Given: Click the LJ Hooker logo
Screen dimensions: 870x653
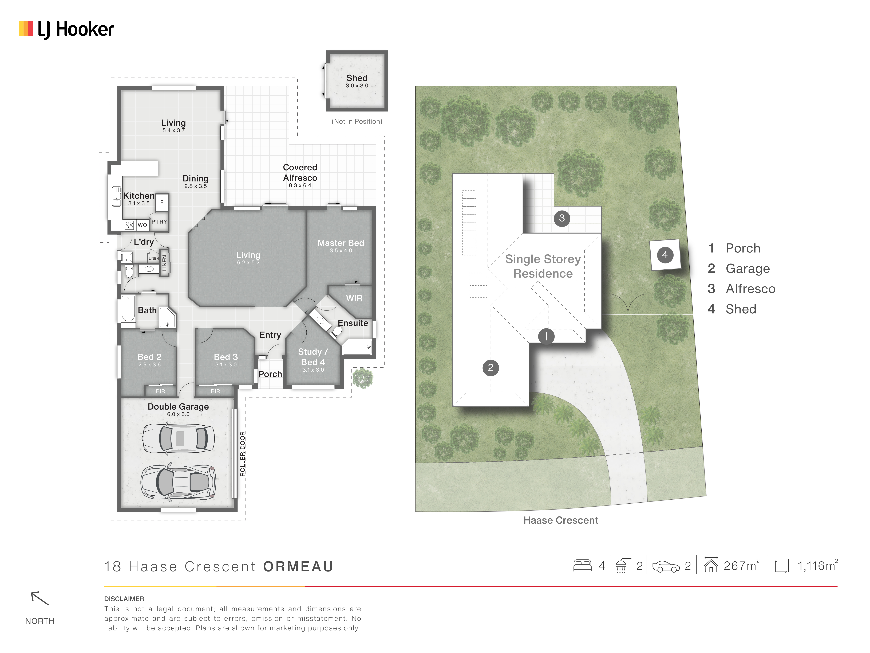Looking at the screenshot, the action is coord(66,30).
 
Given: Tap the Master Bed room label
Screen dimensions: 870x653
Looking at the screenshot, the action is coord(341,243).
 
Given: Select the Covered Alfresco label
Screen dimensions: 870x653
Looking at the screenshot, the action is coord(300,172).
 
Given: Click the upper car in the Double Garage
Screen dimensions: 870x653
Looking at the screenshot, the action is coord(178,438).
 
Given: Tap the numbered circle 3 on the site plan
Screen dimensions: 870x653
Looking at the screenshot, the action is coord(562,218).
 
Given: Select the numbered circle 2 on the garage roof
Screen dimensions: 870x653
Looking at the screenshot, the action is coord(491,368).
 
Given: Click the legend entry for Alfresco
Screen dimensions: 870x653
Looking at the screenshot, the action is coord(741,289).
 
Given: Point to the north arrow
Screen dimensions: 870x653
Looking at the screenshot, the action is coord(40,598).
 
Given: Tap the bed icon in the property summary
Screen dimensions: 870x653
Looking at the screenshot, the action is coord(583,566).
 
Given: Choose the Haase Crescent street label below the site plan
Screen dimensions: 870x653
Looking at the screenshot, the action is coord(560,520).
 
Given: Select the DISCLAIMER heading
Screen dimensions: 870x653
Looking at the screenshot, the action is coord(124,599).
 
